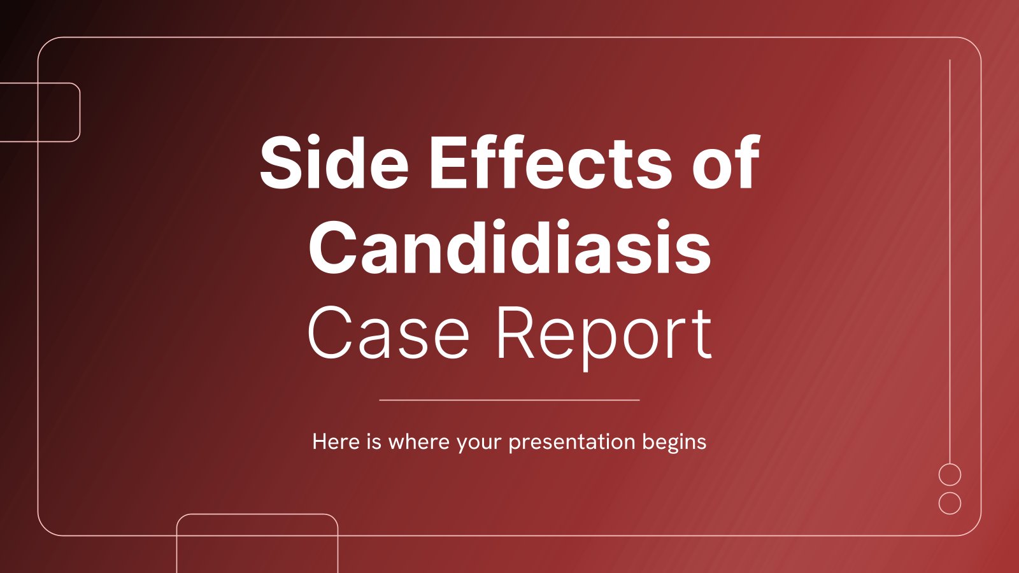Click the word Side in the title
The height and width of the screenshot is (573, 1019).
tap(334, 162)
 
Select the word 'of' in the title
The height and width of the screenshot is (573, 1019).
tap(726, 162)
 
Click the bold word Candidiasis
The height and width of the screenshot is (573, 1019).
tap(509, 248)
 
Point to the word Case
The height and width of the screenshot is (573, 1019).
tap(388, 333)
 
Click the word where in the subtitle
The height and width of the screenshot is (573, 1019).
tap(419, 442)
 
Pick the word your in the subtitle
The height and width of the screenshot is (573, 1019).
tap(479, 444)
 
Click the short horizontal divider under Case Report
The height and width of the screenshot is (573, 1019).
tap(509, 400)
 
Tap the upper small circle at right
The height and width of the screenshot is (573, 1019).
tap(950, 464)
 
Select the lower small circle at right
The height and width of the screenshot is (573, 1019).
tap(950, 492)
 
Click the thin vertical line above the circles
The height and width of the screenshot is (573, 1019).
tap(950, 262)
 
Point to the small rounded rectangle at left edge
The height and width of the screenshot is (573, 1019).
tap(80, 112)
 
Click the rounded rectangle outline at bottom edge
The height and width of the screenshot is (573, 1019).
tap(257, 514)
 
